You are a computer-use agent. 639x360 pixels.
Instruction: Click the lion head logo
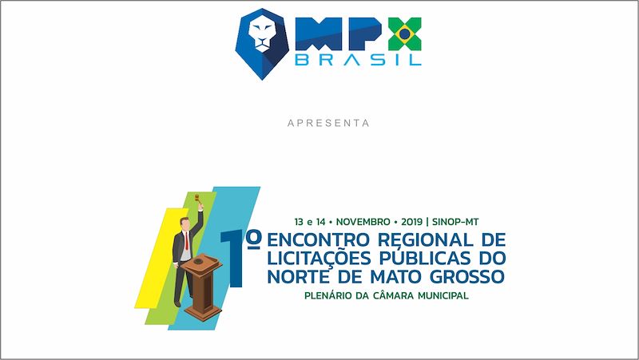[x=262, y=44]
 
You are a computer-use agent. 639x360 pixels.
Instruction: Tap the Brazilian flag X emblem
[x=404, y=34]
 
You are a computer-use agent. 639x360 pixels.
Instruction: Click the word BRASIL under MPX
[x=358, y=60]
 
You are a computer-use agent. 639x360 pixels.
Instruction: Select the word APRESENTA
[x=328, y=123]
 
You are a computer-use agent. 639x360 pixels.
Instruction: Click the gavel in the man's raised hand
[x=198, y=199]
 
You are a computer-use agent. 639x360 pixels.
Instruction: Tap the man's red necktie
[x=187, y=241]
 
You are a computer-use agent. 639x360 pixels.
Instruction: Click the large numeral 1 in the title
[x=233, y=259]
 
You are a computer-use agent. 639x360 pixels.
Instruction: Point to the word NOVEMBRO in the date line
[x=363, y=222]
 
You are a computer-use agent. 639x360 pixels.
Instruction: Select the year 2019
[x=411, y=222]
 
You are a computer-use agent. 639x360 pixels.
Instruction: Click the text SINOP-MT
[x=455, y=222]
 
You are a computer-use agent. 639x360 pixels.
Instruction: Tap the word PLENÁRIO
[x=328, y=295]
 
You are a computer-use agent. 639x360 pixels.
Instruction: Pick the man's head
[x=185, y=224]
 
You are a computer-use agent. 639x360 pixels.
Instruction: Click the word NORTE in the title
[x=298, y=276]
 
